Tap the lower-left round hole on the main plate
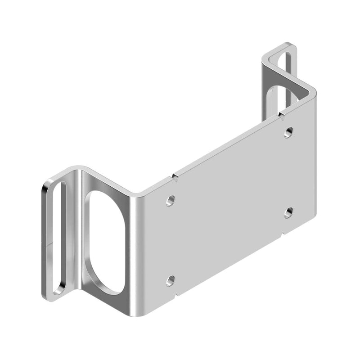pos(170,281)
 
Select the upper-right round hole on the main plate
pos(289,132)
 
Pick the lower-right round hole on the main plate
pos(289,212)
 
